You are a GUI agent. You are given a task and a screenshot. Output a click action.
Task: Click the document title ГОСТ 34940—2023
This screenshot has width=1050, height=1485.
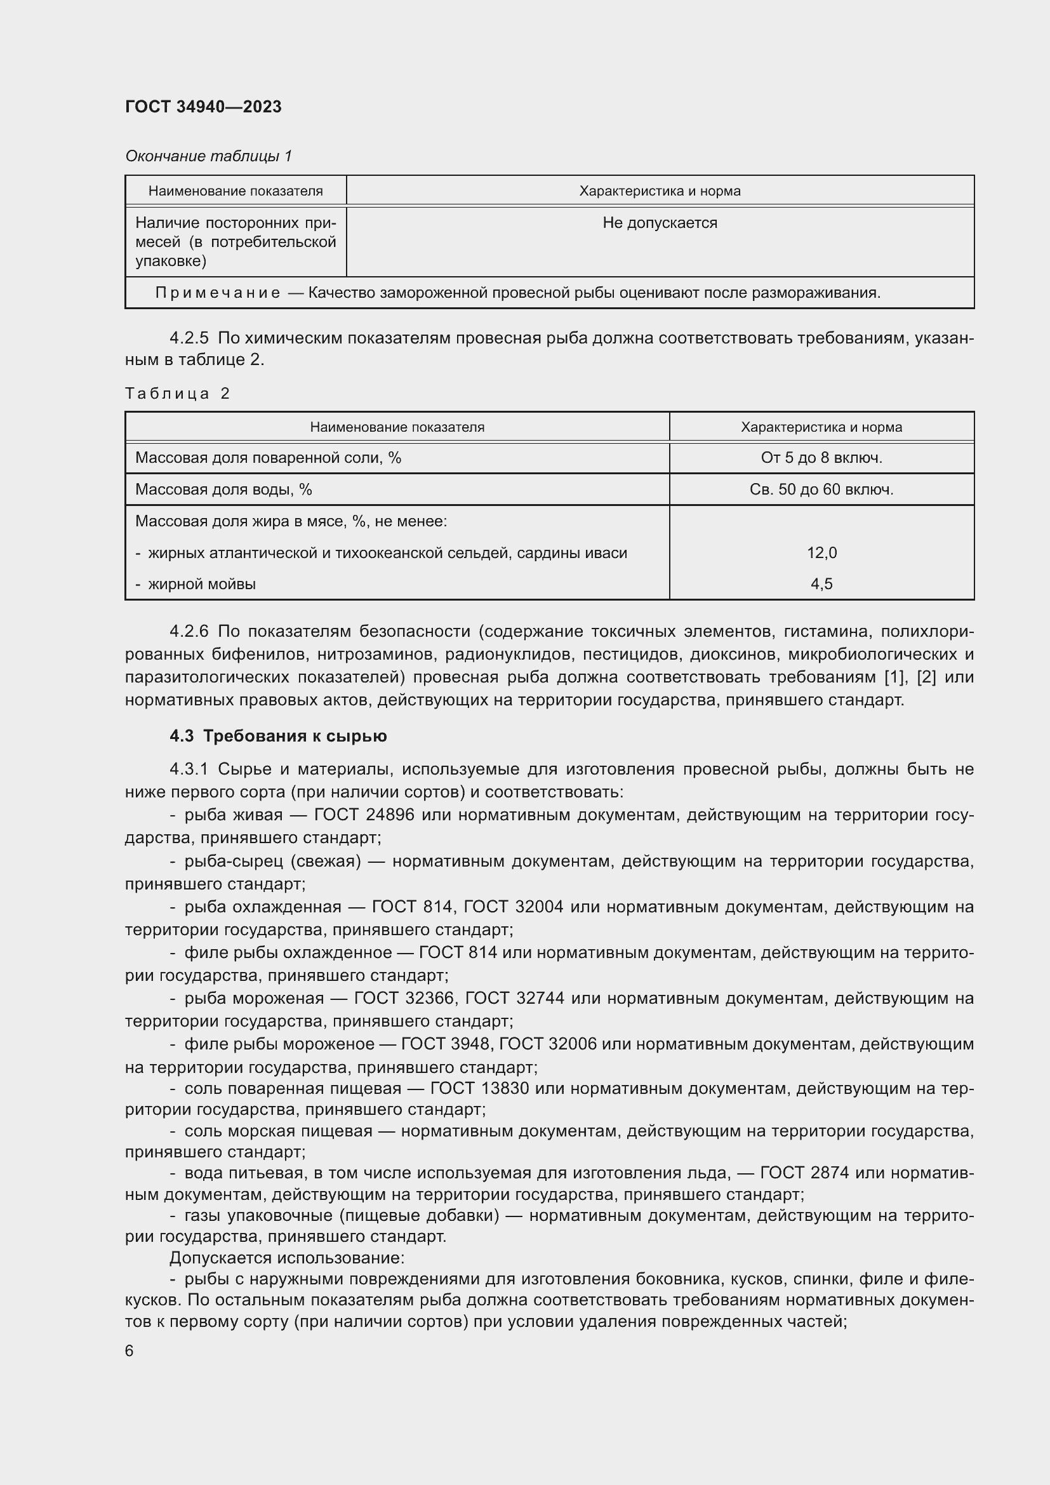coord(203,107)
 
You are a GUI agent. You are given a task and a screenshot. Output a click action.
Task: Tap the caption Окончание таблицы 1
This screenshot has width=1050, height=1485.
coord(208,156)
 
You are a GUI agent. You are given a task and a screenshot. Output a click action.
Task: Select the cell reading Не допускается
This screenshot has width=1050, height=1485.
coord(660,223)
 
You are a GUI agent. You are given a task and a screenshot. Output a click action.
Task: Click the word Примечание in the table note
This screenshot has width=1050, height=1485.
coord(218,293)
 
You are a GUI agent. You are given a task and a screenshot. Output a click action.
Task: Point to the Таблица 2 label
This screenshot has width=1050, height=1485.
coord(177,393)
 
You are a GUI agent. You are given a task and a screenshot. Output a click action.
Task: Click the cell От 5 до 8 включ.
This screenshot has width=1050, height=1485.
coord(821,458)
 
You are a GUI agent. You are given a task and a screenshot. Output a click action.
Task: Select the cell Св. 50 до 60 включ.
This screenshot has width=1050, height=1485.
coord(821,489)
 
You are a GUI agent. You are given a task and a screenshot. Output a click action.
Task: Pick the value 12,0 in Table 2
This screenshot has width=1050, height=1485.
coord(821,553)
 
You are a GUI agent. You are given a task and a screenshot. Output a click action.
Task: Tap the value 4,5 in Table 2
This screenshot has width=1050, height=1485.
coord(821,584)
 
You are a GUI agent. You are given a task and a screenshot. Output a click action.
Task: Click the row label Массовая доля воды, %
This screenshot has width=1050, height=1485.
coord(223,489)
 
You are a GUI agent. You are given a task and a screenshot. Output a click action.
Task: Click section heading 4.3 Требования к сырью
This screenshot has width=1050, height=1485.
coord(278,736)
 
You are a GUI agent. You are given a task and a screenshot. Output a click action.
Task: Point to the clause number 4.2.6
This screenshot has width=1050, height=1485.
coord(189,631)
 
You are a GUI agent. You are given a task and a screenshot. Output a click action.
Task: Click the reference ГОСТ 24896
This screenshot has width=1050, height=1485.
coord(363,815)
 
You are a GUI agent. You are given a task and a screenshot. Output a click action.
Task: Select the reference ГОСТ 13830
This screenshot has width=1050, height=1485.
coord(480,1089)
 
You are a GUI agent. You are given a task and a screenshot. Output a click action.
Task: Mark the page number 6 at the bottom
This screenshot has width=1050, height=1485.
coord(130,1351)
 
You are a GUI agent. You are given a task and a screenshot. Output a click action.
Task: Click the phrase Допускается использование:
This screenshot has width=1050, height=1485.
coord(287,1258)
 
